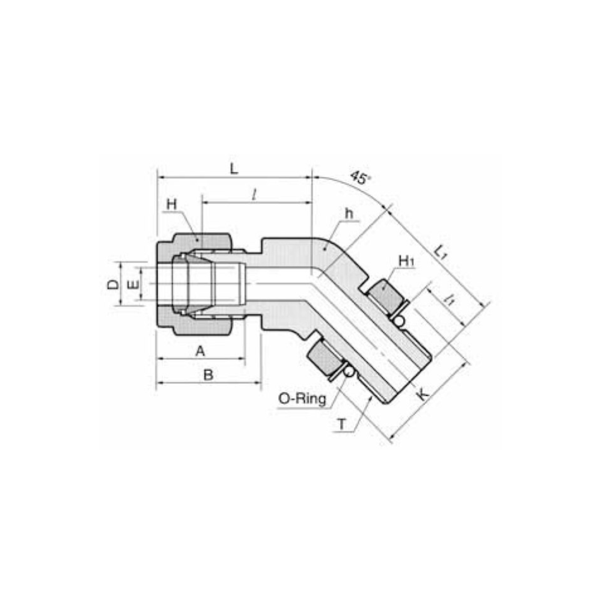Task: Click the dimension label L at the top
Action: point(233,168)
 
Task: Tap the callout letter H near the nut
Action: point(171,205)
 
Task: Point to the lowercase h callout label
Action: point(349,213)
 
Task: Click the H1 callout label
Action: point(407,261)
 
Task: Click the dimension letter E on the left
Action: point(133,284)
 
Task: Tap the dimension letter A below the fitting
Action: point(200,351)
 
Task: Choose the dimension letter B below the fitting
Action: point(208,374)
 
